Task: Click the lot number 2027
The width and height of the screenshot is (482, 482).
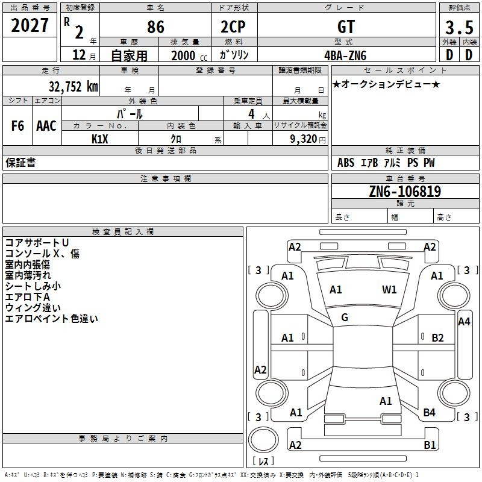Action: tap(30, 25)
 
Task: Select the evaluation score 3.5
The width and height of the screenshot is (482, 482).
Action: tap(458, 27)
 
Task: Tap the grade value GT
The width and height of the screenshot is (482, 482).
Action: tap(346, 27)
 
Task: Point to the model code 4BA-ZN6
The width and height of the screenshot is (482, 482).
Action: tap(345, 55)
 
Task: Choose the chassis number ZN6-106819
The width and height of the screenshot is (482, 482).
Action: tap(404, 192)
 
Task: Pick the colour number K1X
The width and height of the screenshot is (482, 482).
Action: tap(100, 139)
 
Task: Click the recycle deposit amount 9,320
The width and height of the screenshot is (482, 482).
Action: tap(302, 139)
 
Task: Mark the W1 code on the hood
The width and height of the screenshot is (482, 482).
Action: tap(389, 290)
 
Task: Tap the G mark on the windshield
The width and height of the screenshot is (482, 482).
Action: tap(345, 318)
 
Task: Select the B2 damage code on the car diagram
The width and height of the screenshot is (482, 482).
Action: tap(437, 338)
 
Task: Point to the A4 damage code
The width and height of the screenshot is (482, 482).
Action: tap(464, 322)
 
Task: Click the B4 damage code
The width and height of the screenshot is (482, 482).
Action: tap(429, 413)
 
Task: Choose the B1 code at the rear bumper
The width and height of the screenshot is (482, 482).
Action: tap(430, 445)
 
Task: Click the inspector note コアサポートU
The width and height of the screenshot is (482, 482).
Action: tap(37, 243)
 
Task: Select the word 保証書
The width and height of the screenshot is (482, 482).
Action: tap(20, 163)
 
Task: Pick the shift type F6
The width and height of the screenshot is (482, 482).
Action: tap(18, 126)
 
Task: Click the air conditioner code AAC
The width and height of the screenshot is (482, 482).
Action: tap(46, 126)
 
